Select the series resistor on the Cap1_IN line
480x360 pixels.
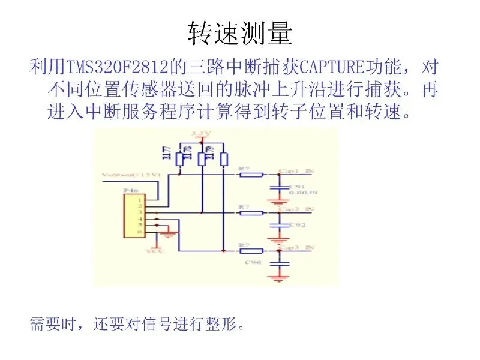point(251,175)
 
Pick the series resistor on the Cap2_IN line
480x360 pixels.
point(251,212)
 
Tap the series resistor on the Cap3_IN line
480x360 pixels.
point(251,250)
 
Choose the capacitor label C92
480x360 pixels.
point(296,224)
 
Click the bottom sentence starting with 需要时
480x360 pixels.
point(138,325)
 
